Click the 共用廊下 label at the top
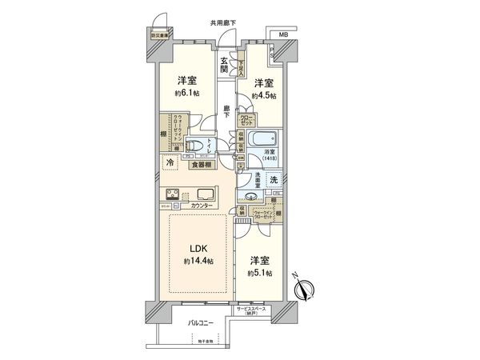(223, 23)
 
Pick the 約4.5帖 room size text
(264, 95)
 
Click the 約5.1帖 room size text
(259, 274)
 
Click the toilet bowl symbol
(194, 146)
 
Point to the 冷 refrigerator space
(170, 163)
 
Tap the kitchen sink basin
(201, 194)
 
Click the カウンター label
(202, 207)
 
